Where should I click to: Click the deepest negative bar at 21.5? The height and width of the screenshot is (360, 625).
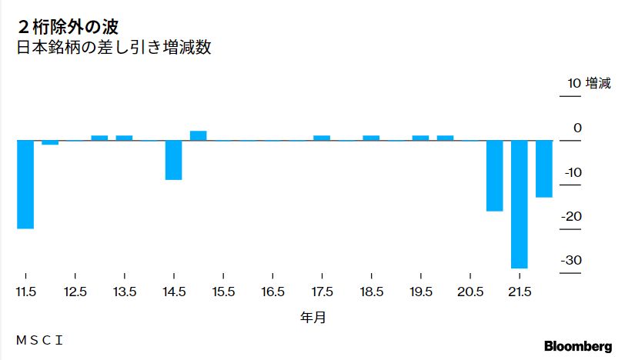(519, 204)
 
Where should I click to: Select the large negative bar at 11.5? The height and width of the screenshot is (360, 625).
(25, 185)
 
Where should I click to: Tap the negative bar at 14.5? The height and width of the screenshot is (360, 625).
(173, 160)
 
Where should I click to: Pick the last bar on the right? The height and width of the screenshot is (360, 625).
(544, 168)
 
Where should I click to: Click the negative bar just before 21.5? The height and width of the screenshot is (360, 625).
(494, 175)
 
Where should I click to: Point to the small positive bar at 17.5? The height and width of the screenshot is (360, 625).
(322, 138)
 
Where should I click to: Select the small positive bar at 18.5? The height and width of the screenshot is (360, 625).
(371, 138)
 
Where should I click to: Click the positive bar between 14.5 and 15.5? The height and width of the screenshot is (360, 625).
(199, 135)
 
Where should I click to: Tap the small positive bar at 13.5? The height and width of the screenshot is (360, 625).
(125, 138)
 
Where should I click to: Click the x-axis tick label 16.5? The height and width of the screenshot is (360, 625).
(272, 292)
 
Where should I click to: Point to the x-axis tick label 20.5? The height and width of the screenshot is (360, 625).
(470, 292)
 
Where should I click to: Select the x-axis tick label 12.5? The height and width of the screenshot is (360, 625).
(75, 292)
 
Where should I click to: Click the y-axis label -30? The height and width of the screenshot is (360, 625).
(571, 260)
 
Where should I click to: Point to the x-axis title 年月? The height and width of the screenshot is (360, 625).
(312, 316)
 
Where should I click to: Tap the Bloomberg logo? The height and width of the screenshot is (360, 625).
(577, 346)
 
